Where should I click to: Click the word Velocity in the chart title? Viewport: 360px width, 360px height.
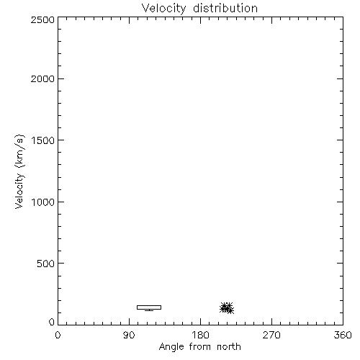pos(163,8)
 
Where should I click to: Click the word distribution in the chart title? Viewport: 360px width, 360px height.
pos(225,8)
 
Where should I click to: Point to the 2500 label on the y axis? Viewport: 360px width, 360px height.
pos(42,19)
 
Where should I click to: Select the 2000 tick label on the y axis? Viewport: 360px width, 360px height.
pos(42,78)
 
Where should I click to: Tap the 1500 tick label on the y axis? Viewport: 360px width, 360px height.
pos(43,140)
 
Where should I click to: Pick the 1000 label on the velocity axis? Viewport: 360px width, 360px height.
pos(43,202)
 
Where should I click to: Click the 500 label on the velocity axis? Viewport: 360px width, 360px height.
pos(46,264)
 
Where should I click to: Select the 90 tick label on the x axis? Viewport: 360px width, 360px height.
pos(129,335)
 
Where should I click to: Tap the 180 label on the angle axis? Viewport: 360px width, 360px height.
pos(200,335)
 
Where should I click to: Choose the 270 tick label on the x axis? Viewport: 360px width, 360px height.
pos(271,335)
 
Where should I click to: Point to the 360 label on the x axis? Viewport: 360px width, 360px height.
pos(343,335)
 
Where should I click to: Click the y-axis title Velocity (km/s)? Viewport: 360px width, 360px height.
pos(19,171)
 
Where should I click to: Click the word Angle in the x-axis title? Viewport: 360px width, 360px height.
pos(171,347)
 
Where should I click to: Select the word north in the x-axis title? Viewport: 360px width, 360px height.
pos(229,347)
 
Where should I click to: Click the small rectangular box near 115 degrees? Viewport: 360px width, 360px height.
pos(149,306)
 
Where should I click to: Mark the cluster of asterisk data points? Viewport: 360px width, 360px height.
pos(227,308)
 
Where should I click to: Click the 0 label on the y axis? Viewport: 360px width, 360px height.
pos(52,322)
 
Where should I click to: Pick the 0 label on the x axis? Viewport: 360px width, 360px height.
pos(58,335)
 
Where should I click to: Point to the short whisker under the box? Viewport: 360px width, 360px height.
pos(149,310)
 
